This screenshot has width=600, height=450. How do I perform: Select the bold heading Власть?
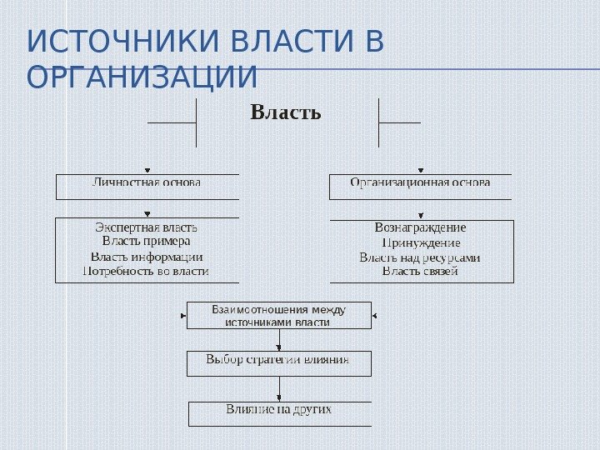tap(286, 112)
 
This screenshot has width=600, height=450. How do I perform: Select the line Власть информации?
tap(147, 257)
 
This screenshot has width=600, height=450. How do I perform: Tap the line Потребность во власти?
tap(147, 271)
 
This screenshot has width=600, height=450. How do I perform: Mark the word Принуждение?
tap(420, 242)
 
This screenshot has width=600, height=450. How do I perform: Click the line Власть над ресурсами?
tap(420, 257)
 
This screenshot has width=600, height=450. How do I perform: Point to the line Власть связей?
tap(420, 271)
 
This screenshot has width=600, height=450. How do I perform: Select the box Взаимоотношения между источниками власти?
tap(278, 316)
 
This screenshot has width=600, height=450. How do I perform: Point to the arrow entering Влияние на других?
tap(278, 397)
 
